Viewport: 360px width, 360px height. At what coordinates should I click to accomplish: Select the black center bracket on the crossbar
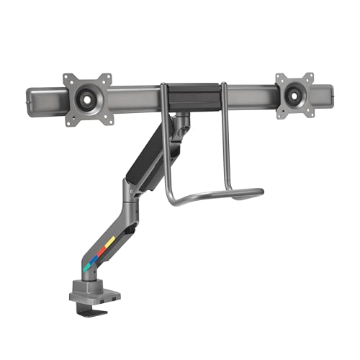192,94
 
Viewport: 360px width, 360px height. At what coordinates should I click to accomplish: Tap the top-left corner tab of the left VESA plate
67,78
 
